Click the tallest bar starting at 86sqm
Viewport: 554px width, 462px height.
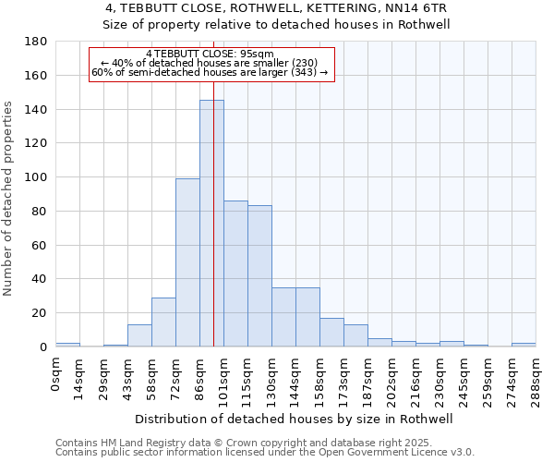pos(211,224)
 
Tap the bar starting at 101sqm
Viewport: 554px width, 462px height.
pos(235,274)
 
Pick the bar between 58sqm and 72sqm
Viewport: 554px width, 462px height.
pos(163,322)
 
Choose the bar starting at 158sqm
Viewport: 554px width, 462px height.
pos(331,333)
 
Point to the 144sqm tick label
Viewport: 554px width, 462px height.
pos(295,375)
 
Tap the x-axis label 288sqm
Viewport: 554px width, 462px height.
pos(536,375)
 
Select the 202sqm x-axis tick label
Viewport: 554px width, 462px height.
pos(391,375)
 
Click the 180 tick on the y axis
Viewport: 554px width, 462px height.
pos(36,42)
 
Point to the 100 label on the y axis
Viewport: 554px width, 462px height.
pos(36,177)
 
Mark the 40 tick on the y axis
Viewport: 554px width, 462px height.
pos(40,279)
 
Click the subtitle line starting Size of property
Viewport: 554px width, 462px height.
pos(276,25)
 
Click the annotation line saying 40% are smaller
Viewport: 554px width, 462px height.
pos(209,63)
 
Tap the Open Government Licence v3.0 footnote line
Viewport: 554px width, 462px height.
pos(264,452)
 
